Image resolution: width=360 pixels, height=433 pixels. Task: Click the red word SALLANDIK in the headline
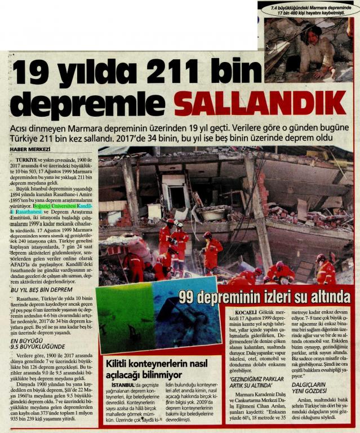pos(260,103)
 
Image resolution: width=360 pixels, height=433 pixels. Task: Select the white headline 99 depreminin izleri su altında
pos(264,295)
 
